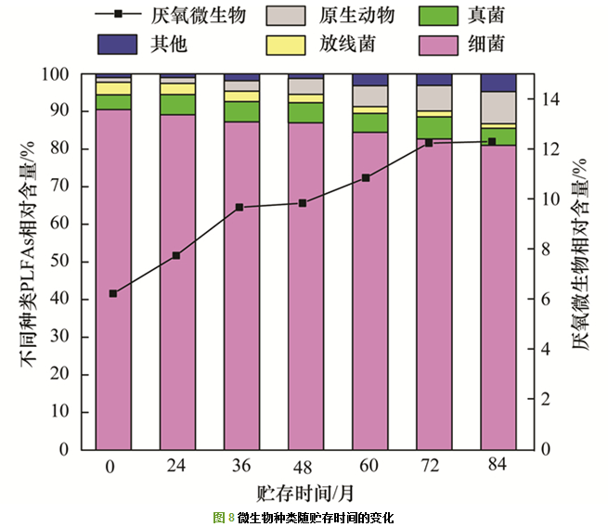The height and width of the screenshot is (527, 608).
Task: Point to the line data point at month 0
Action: (113, 293)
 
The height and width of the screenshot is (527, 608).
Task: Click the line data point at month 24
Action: (176, 255)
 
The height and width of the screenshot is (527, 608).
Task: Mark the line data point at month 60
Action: (367, 177)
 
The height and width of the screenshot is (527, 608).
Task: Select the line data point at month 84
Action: (493, 141)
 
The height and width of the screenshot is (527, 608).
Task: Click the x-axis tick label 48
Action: (303, 468)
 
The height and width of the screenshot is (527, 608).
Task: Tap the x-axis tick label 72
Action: (429, 468)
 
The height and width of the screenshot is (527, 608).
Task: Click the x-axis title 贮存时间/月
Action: (304, 493)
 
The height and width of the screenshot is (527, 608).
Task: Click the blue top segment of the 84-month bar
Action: (498, 83)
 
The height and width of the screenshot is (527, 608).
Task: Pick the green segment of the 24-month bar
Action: (176, 104)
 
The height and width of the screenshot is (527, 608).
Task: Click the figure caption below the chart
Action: (304, 517)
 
